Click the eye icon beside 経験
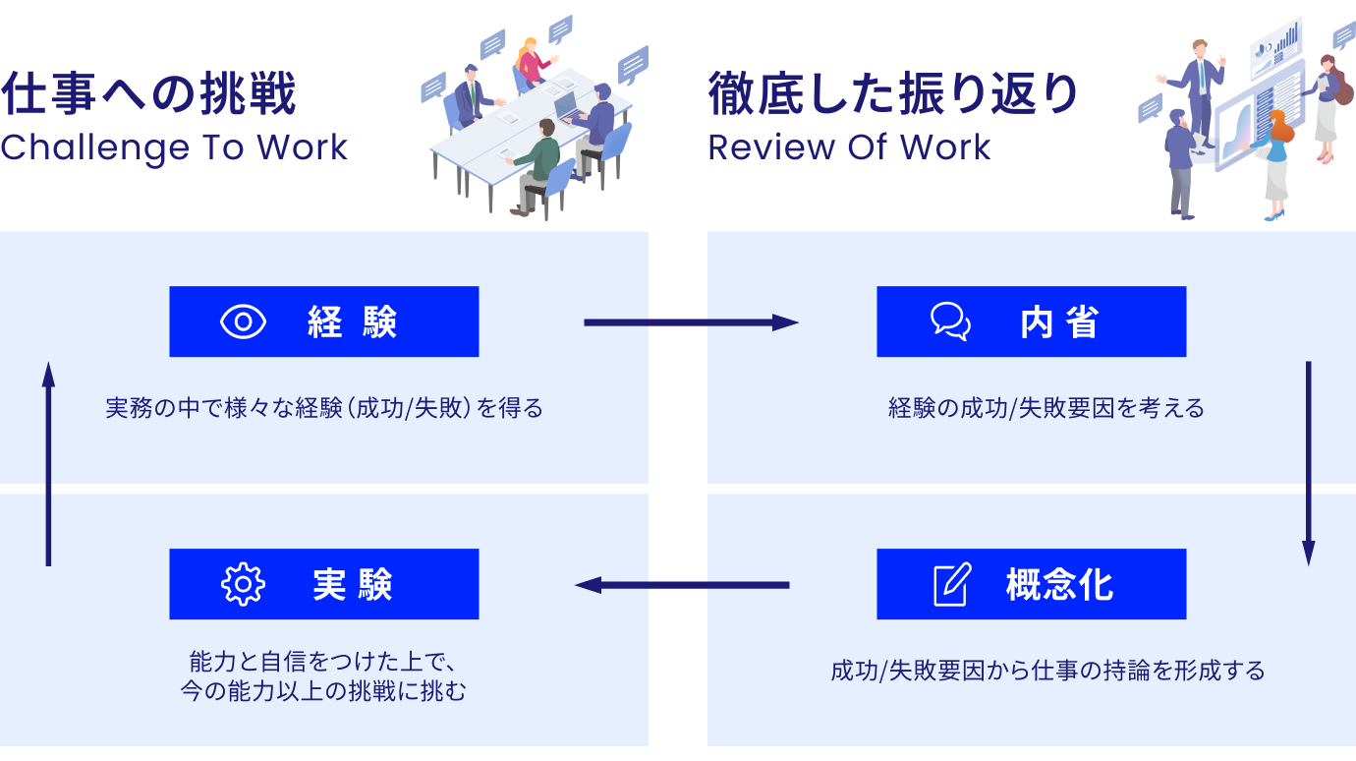tap(243, 322)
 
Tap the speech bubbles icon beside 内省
tap(950, 322)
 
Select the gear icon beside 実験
tap(243, 584)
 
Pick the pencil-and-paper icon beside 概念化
tap(952, 584)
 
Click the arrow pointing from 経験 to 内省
tap(692, 322)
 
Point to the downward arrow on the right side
tap(1308, 463)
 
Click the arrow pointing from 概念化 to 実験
tap(682, 585)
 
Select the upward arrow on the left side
tap(48, 463)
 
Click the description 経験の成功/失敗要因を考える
tap(1046, 408)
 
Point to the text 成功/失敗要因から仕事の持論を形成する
tap(1047, 671)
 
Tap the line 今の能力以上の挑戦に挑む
tap(323, 691)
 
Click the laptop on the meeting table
tap(567, 109)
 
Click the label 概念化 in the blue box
tap(1059, 585)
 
